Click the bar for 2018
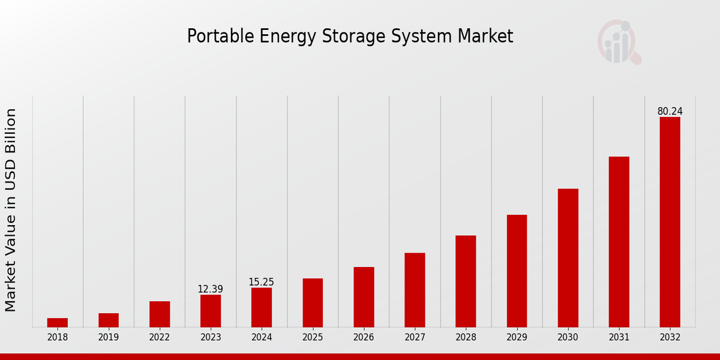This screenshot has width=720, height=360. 58,323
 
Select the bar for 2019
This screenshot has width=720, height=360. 109,320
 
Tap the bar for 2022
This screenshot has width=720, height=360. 160,314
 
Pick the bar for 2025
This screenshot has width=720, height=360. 313,303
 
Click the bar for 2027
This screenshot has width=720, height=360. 415,290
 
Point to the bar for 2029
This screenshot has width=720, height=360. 517,271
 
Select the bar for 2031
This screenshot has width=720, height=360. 619,242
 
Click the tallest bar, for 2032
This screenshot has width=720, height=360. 670,222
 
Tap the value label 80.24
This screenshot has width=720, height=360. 670,112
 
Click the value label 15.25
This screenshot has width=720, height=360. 262,282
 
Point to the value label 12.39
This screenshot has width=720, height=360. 211,289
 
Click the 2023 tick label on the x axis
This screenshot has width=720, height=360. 211,338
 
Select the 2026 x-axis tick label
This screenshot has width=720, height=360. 364,338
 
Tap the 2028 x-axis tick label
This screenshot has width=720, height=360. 466,338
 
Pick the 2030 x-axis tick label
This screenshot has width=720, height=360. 568,338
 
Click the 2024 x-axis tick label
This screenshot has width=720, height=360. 262,338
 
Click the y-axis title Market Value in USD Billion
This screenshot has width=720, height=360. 11,210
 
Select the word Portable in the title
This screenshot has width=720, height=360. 221,37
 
